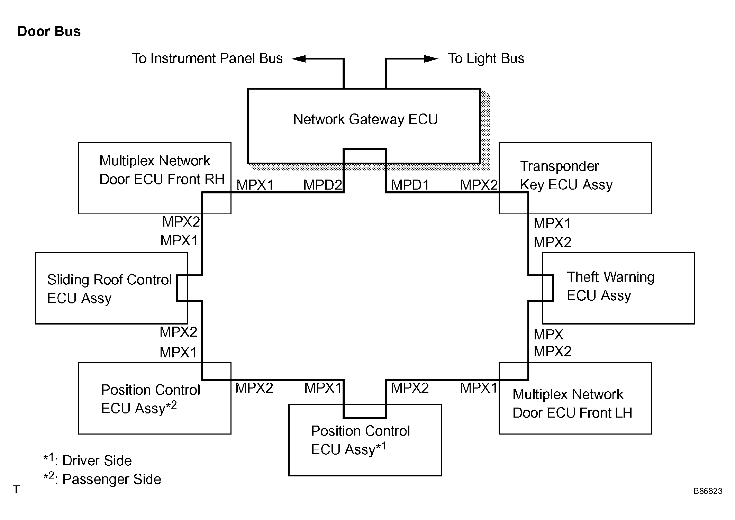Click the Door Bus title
pyautogui.click(x=49, y=31)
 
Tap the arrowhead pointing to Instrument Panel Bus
pyautogui.click(x=299, y=59)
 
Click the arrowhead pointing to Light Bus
pyautogui.click(x=432, y=59)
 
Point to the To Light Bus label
pyautogui.click(x=486, y=58)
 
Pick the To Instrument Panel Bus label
pyautogui.click(x=207, y=58)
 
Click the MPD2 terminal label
pyautogui.click(x=323, y=185)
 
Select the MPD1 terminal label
pyautogui.click(x=410, y=185)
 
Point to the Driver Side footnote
pyautogui.click(x=88, y=460)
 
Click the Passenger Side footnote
pyautogui.click(x=102, y=478)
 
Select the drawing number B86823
pyautogui.click(x=708, y=491)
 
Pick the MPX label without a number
pyautogui.click(x=548, y=335)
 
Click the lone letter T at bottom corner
pyautogui.click(x=16, y=490)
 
